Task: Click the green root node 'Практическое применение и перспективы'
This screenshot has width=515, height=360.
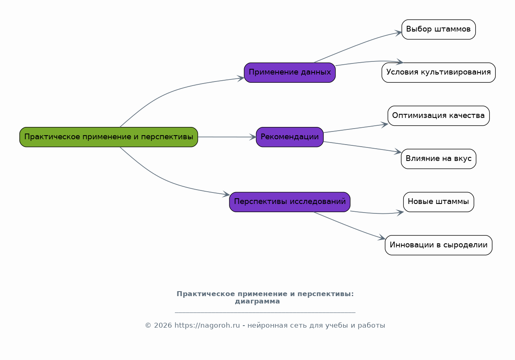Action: (x=109, y=137)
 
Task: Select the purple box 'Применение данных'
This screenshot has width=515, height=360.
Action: (x=290, y=72)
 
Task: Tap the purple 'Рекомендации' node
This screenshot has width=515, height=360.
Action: (x=290, y=137)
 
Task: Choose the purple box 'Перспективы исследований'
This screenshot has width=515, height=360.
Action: (x=290, y=202)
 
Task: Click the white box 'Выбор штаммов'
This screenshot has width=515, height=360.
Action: (x=438, y=29)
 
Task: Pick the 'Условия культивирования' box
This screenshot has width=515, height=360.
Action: (x=438, y=72)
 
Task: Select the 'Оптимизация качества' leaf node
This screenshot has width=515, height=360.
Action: (x=438, y=115)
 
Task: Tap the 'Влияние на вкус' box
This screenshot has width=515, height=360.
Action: (x=438, y=159)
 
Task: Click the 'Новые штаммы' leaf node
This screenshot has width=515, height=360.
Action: (x=438, y=202)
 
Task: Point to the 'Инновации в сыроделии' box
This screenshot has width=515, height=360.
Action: (x=438, y=245)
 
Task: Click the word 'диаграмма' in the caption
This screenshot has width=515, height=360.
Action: (x=257, y=301)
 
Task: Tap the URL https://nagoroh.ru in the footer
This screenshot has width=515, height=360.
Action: (x=207, y=326)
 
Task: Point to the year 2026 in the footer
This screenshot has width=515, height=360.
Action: (x=163, y=326)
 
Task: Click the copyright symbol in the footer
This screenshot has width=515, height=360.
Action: (x=148, y=326)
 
